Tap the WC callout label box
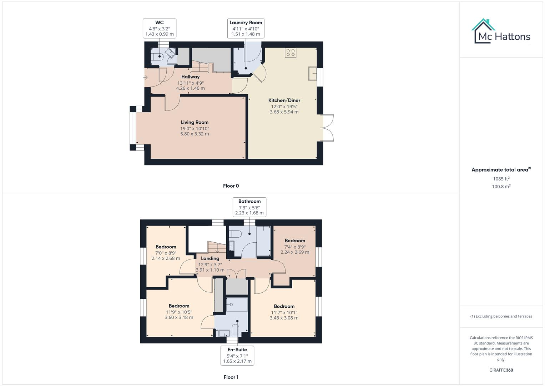[x=160, y=29]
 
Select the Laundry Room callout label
[x=246, y=29]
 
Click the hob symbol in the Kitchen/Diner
[x=291, y=53]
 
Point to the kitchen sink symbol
[x=313, y=74]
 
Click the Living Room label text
[x=195, y=122]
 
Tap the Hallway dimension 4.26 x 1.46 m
[x=190, y=88]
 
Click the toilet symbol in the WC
[x=157, y=56]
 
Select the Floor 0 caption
[x=231, y=186]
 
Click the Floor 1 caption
[x=231, y=377]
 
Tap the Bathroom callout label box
[x=249, y=207]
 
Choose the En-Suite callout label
[x=237, y=355]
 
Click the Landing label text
[x=210, y=258]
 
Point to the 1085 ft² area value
[x=501, y=179]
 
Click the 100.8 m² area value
[x=501, y=187]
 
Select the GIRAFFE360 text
[x=501, y=370]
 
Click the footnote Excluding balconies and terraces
[x=501, y=316]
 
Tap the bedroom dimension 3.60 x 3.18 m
[x=179, y=317]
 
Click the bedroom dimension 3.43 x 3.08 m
[x=284, y=318]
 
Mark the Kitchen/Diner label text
[x=284, y=100]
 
